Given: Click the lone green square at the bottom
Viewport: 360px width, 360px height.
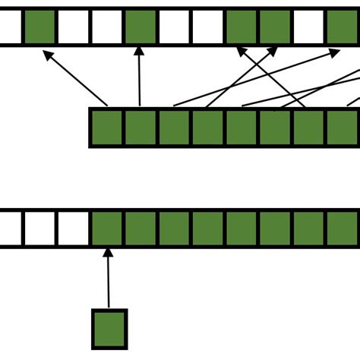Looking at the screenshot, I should click(x=109, y=329).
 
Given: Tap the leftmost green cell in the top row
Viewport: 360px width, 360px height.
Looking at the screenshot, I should click(x=39, y=27).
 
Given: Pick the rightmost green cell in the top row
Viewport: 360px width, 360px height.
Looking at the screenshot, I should click(x=343, y=27).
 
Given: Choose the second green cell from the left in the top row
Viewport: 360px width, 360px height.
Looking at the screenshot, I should click(x=141, y=27).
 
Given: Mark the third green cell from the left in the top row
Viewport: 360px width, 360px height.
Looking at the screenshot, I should click(x=242, y=27).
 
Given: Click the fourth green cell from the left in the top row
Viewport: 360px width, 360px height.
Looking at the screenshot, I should click(x=275, y=27).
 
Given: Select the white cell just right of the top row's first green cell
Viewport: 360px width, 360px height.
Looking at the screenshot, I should click(x=73, y=27).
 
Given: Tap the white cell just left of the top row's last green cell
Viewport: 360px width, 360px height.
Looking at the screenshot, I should click(x=308, y=27).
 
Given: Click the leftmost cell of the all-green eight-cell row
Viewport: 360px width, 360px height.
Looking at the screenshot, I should click(x=107, y=128).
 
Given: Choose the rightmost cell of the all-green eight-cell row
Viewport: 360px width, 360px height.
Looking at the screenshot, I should click(x=343, y=128).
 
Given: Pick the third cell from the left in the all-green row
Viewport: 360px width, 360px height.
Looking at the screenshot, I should click(x=175, y=128).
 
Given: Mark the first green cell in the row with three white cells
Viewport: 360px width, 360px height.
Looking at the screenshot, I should click(x=107, y=229).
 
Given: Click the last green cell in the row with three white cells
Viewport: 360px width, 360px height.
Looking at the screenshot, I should click(x=343, y=229).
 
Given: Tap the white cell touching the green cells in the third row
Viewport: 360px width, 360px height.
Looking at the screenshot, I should click(x=74, y=229).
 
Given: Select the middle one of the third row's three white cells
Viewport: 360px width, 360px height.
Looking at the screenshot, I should click(x=39, y=229).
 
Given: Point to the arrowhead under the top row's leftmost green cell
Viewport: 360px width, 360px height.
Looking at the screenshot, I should click(x=47, y=55).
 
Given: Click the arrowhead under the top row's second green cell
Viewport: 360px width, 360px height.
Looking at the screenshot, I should click(x=139, y=52).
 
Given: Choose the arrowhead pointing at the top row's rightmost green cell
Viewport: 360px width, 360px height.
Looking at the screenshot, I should click(x=335, y=52).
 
